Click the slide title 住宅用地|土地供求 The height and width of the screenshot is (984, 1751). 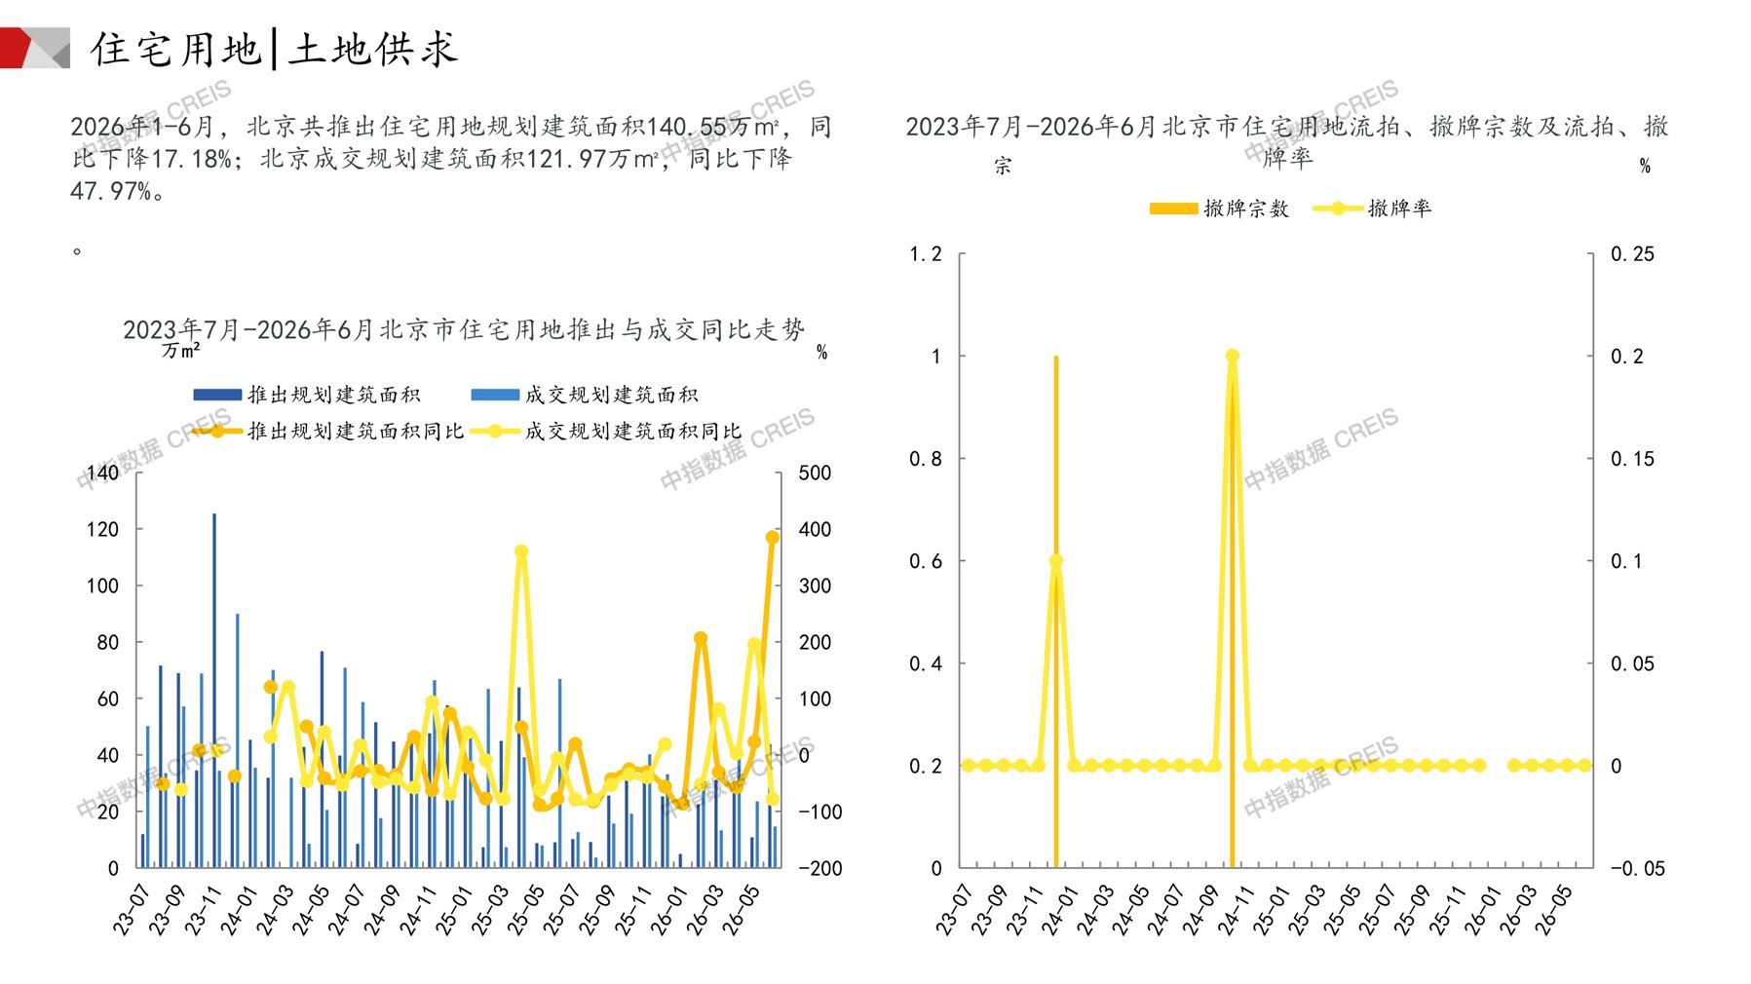point(274,49)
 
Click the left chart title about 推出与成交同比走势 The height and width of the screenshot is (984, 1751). point(464,330)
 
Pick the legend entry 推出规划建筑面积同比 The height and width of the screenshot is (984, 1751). point(328,431)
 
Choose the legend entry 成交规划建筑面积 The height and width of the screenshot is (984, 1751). point(585,395)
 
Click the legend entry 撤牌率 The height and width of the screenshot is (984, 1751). point(1373,208)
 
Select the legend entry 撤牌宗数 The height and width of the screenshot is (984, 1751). point(1220,208)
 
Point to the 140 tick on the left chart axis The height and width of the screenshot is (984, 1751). point(102,473)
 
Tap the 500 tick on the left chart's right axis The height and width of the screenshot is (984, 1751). point(815,473)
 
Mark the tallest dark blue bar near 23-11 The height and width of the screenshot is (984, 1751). point(214,690)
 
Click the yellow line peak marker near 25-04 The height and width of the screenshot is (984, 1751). point(521,551)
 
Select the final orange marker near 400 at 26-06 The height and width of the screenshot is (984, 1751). point(773,537)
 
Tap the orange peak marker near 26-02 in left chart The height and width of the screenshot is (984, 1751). point(701,638)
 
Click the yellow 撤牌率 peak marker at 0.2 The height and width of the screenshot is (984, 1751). point(1232,357)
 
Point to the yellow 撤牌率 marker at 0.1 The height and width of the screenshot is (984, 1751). point(1055,561)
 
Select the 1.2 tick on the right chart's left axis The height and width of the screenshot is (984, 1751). point(925,254)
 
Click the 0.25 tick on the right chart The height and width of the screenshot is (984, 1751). point(1632,254)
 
